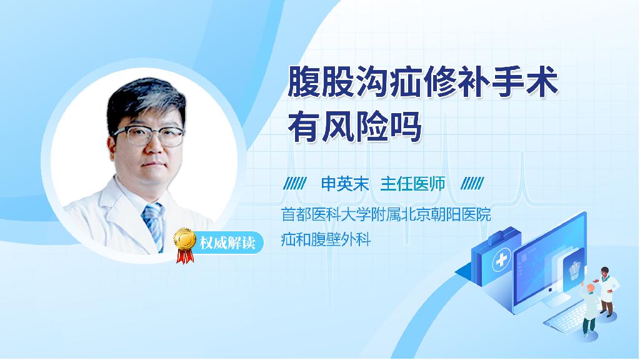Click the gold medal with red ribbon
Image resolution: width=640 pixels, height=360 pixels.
[184, 245]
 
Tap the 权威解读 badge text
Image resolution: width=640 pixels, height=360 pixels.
[227, 243]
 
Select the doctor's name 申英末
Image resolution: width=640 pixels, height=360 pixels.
[345, 184]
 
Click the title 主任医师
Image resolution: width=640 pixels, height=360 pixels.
[412, 184]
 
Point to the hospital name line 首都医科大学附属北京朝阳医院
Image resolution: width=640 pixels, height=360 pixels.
[386, 214]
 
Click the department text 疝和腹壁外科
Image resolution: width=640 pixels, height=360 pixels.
[326, 239]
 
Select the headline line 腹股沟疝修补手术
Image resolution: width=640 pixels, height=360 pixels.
[423, 82]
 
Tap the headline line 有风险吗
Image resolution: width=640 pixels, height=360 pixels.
[354, 127]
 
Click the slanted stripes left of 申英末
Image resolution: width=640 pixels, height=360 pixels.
[295, 184]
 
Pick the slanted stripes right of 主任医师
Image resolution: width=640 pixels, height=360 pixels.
[472, 184]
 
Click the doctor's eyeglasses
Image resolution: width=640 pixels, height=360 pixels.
[149, 136]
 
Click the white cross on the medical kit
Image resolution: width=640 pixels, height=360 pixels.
[501, 260]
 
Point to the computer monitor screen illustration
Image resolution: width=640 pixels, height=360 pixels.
[549, 262]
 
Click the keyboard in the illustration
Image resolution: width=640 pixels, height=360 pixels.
[568, 316]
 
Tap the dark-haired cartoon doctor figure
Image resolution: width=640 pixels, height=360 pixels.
[607, 291]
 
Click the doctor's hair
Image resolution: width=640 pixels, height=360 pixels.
[145, 100]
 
